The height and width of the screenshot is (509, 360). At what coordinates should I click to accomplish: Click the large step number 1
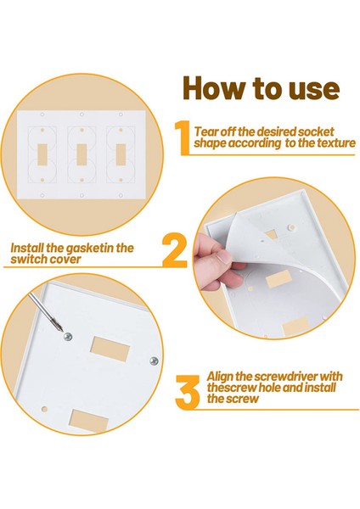[x=183, y=137]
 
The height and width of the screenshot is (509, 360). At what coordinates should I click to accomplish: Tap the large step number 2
[x=174, y=251]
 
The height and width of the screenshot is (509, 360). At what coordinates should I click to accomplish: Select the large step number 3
[x=188, y=392]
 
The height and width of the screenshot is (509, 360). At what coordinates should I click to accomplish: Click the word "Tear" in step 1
[x=206, y=131]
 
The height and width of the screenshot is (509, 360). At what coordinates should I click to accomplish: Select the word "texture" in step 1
[x=336, y=143]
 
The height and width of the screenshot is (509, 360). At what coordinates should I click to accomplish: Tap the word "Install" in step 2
[x=27, y=248]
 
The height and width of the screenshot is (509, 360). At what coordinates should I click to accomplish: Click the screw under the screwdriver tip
[x=68, y=337]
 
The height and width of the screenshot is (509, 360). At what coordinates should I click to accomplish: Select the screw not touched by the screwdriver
[x=154, y=361]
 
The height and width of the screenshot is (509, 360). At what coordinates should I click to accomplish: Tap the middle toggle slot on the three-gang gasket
[x=82, y=154]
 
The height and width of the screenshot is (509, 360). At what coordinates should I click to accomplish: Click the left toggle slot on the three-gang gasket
[x=42, y=154]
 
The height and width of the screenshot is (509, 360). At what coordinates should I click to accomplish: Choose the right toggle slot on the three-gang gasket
[x=121, y=154]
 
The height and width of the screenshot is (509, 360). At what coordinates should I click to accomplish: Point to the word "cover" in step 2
[x=66, y=260]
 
